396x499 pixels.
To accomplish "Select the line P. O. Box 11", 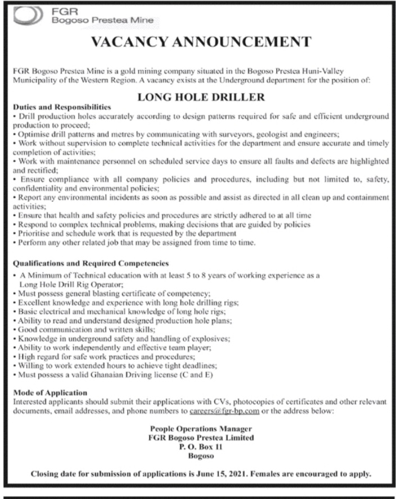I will click(198, 445).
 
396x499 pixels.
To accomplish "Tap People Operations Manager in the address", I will click(198, 429).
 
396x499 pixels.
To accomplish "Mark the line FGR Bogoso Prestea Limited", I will click(198, 437).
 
